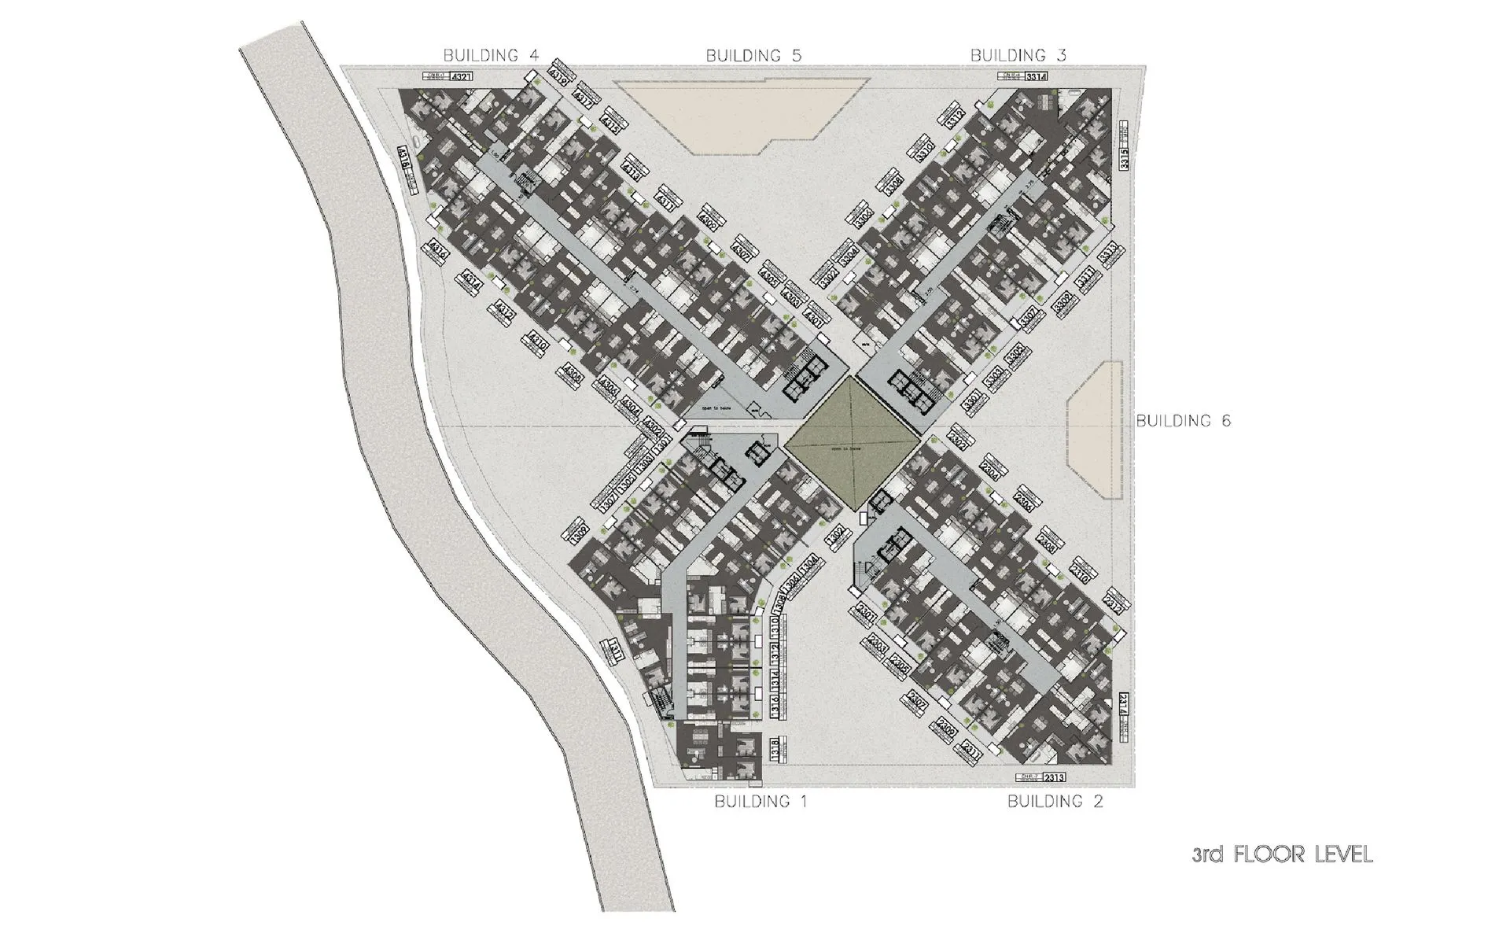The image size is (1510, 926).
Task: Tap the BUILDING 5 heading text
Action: (x=753, y=56)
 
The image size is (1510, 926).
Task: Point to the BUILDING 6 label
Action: (x=1183, y=421)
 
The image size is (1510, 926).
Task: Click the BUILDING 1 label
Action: (x=761, y=802)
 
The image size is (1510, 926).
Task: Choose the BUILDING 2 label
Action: (x=1055, y=802)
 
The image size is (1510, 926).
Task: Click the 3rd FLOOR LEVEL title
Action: (x=1282, y=854)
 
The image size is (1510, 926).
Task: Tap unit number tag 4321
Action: (x=462, y=77)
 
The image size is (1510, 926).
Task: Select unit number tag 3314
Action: (x=1037, y=77)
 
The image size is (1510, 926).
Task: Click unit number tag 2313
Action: (x=1054, y=777)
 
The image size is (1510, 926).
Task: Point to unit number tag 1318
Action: (x=775, y=749)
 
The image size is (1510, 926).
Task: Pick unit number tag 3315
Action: (x=1125, y=159)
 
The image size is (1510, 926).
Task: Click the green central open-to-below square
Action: (x=853, y=443)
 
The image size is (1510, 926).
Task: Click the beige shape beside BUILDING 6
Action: (x=1096, y=429)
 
